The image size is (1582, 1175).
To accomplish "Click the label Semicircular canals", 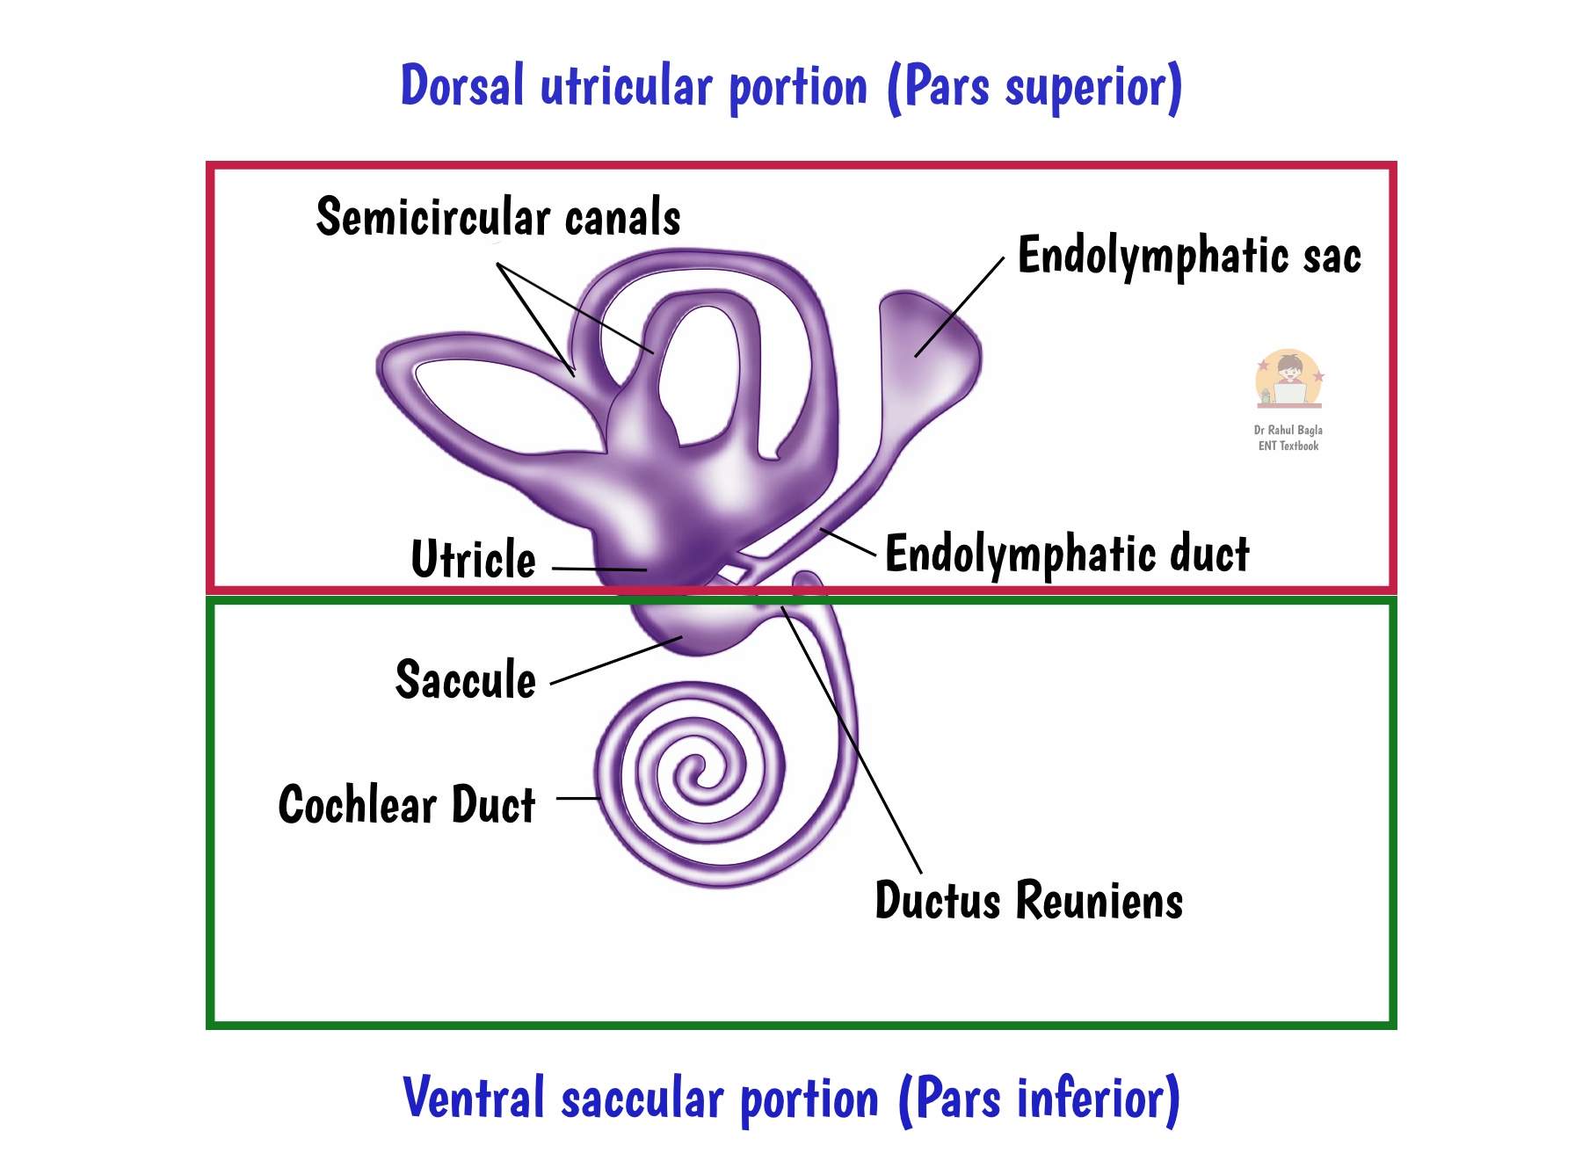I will pos(498,217).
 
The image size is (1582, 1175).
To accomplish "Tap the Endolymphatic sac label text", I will pos(1188,256).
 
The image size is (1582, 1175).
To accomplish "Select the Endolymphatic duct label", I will pos(1066,554).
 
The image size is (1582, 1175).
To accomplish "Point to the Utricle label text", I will pos(473,559).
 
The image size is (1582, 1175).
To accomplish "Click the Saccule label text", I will pos(465,679).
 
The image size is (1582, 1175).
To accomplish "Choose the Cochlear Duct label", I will pos(407,804).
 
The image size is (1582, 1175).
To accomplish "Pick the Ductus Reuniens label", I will pos(1028,900).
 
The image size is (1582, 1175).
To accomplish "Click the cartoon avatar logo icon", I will pos(1288,379).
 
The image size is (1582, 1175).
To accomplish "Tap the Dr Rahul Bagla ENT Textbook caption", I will pos(1288,438).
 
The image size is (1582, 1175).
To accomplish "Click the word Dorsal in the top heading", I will pos(462,86).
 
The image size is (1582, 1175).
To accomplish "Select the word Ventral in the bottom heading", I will pos(474,1099).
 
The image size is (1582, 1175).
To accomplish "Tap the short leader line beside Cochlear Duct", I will pos(577,798).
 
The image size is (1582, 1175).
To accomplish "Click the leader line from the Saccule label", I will pos(615,660).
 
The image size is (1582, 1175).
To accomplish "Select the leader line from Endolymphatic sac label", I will pos(960,308).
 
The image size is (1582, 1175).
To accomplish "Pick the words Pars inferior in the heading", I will pos(1039,1099).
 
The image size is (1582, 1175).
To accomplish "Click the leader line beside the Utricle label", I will pos(599,569).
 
